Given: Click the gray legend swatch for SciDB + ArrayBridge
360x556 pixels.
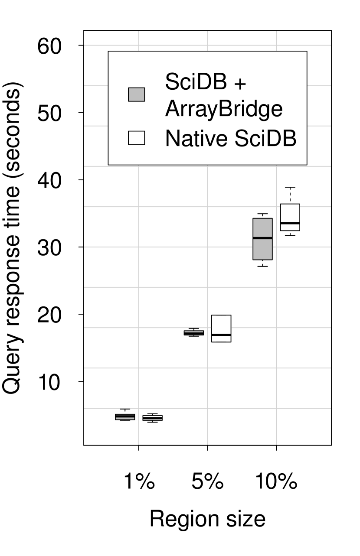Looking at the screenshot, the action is coord(136,94).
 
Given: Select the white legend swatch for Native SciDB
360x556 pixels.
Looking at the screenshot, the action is coord(136,138).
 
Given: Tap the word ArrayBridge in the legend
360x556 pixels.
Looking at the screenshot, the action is coord(224,109).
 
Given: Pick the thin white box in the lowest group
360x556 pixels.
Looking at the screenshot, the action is coord(152,418).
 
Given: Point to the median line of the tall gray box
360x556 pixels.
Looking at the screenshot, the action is coord(262,238).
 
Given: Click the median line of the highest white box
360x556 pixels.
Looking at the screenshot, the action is coord(290,223).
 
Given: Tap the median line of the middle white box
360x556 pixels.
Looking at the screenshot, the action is coord(221,335).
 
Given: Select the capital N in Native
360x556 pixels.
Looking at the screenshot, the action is coord(171,138).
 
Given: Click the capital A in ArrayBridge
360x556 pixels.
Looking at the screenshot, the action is coord(172,109).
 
